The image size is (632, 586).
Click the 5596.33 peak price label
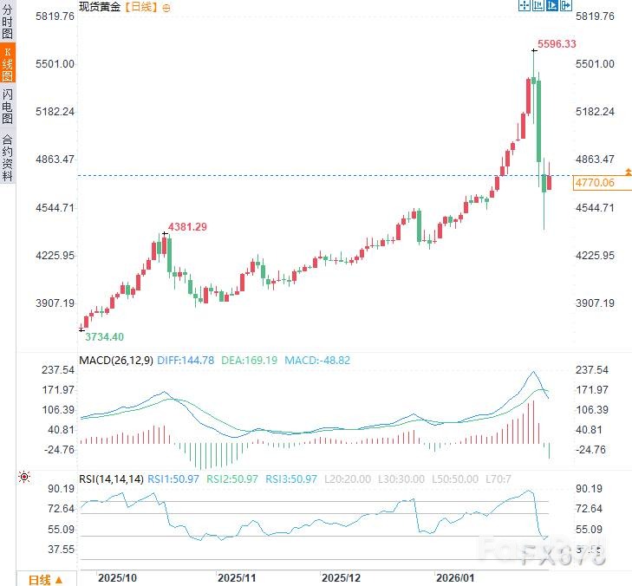557,44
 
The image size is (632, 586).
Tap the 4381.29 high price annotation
187,227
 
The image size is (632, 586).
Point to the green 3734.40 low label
105,336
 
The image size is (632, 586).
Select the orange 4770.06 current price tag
594,183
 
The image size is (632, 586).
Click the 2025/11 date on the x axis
237,577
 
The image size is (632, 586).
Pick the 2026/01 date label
456,577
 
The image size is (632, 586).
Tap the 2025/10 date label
118,577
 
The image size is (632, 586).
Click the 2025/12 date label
342,577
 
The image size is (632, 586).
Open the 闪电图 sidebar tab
8,106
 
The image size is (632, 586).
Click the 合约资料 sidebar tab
8,156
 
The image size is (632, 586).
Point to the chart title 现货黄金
100,7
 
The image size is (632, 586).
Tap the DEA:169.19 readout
251,361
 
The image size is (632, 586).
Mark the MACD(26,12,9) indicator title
114,361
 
